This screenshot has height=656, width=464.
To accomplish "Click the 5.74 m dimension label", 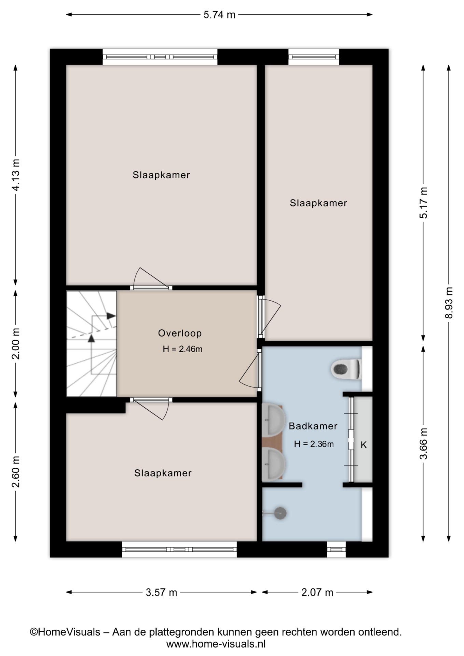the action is click(x=219, y=15).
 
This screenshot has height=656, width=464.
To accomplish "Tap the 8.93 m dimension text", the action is click(x=449, y=303).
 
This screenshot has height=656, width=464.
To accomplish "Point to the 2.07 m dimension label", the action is click(x=317, y=592).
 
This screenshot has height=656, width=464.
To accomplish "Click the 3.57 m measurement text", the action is click(x=161, y=592).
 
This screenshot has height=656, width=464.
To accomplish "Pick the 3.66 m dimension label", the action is click(x=423, y=443).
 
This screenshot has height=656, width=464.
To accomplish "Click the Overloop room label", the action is click(x=180, y=333).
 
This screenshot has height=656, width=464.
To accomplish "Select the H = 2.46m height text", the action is click(x=182, y=349).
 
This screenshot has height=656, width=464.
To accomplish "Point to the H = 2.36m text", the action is click(x=314, y=444).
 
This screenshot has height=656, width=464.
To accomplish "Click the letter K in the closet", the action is click(x=364, y=445).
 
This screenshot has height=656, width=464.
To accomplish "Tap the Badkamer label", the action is click(x=313, y=426).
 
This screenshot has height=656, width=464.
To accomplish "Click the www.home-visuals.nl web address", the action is click(x=216, y=644).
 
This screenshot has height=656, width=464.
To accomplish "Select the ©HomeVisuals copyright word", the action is click(x=65, y=632).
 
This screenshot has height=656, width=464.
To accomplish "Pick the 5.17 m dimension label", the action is click(x=423, y=203).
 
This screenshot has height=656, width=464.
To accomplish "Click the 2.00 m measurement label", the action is click(x=16, y=343).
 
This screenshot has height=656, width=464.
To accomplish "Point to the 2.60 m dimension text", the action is click(x=16, y=471).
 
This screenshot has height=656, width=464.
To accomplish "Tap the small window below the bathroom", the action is click(x=336, y=549).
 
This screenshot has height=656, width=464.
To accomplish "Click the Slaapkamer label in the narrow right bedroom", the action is click(x=318, y=203).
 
